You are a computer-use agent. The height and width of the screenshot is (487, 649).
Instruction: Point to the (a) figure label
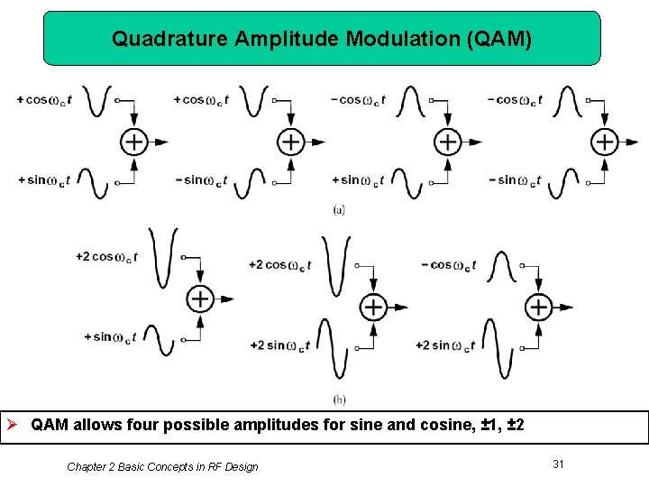point(339,209)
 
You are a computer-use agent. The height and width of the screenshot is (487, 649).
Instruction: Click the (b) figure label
point(339,400)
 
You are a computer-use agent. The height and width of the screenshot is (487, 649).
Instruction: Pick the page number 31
point(558,464)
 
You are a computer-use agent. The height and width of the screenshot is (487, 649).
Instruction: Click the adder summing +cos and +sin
point(133,142)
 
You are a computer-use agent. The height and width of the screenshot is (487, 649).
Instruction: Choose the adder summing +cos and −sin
point(290,142)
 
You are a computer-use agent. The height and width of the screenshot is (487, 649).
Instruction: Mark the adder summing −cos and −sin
point(604,142)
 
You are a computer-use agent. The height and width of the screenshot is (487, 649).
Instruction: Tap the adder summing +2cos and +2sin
point(373,307)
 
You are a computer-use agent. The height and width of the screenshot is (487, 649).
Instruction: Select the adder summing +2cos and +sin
point(199,299)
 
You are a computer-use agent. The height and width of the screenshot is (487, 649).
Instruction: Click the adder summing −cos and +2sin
point(538,307)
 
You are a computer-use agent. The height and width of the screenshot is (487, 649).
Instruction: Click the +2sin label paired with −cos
point(444,345)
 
